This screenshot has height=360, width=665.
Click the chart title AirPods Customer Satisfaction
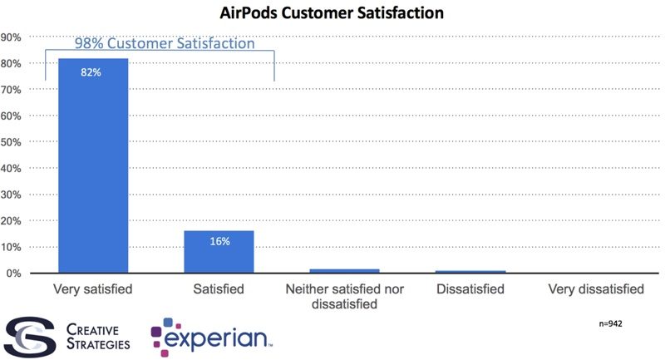click(x=332, y=13)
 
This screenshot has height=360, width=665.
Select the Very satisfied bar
click(x=92, y=166)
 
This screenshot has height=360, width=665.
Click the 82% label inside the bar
click(x=91, y=72)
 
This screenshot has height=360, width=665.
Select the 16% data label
click(x=219, y=241)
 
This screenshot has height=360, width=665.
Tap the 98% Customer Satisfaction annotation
click(x=165, y=44)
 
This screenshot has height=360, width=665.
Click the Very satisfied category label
click(x=93, y=289)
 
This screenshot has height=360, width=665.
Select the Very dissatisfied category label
click(x=596, y=289)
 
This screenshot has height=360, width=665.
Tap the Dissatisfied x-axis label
click(x=470, y=289)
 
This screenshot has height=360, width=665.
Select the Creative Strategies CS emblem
click(x=29, y=334)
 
